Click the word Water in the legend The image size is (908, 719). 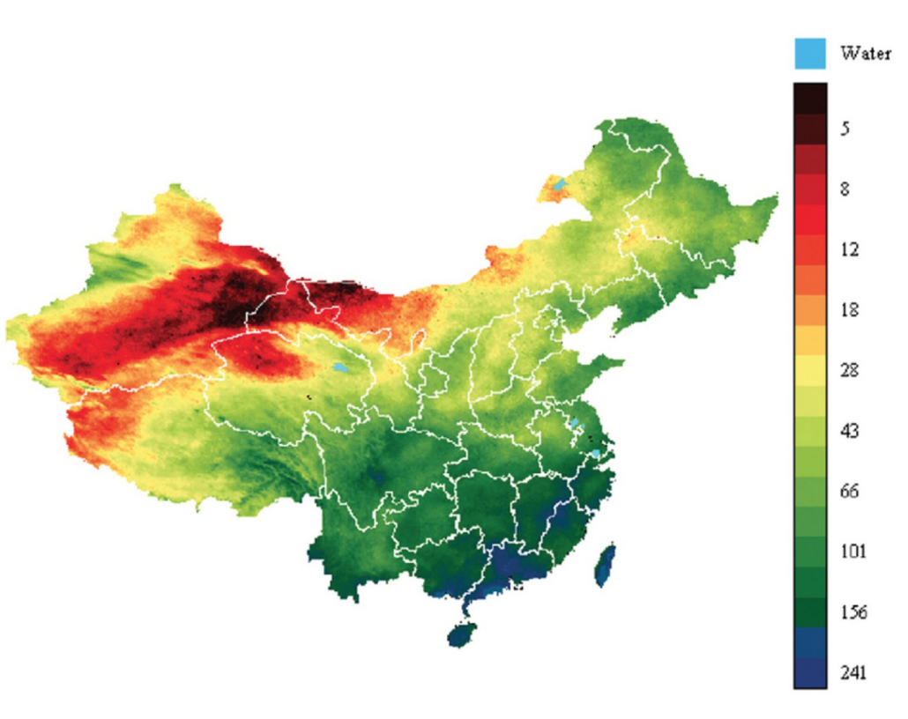[866, 53]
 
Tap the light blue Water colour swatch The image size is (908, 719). [810, 53]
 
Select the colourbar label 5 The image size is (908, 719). [845, 129]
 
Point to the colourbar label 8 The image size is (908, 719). [845, 189]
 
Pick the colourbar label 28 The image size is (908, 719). [849, 371]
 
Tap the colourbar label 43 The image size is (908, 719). [849, 431]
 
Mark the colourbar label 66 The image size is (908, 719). [849, 491]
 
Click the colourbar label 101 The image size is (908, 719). [852, 552]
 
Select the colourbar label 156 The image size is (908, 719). [852, 612]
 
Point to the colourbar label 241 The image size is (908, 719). [852, 673]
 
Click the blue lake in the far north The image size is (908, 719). [559, 184]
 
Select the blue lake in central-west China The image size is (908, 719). [340, 367]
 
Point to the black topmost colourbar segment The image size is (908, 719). [810, 98]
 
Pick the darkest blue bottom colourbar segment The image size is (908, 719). [810, 673]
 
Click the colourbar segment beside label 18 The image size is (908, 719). [810, 310]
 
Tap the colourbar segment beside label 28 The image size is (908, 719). [810, 371]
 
